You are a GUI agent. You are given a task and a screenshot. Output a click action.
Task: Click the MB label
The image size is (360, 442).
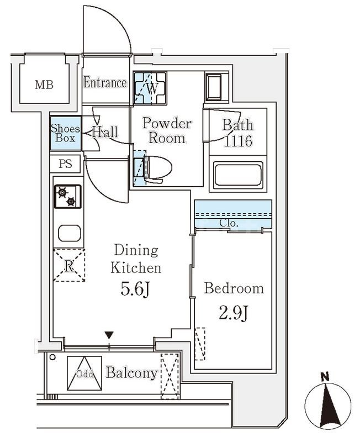[x=44, y=85]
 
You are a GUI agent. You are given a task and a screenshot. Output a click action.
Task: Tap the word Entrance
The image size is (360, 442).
[x=105, y=83]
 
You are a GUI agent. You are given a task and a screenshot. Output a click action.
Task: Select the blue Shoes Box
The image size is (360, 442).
[x=66, y=133]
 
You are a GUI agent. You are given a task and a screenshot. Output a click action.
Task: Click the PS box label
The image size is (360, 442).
[x=66, y=164]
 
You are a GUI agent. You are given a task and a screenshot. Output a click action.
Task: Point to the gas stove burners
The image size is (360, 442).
[x=67, y=196]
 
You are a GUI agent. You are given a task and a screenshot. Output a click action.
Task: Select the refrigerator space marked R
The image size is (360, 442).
[x=68, y=266]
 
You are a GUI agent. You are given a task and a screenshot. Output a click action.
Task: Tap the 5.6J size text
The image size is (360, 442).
[x=136, y=290]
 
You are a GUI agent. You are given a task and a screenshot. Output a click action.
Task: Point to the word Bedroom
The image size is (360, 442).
[x=234, y=288]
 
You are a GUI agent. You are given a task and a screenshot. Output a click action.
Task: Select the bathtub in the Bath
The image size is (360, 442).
[x=239, y=175]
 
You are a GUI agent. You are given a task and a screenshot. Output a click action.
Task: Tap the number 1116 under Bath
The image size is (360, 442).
[x=238, y=141]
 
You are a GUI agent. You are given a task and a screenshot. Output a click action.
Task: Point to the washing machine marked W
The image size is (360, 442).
[x=151, y=88]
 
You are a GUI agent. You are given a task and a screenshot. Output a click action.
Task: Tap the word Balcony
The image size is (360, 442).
[x=131, y=373]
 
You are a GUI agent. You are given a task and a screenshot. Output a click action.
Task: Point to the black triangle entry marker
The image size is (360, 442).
[x=109, y=335]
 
